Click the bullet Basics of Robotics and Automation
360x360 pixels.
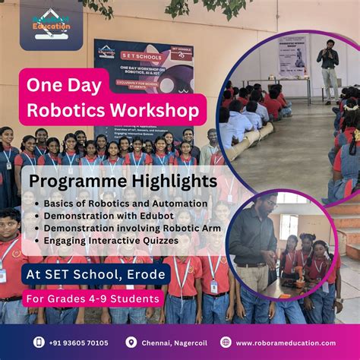(114, 204)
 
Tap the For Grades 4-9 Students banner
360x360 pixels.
(93, 298)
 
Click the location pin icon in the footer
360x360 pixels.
(131, 343)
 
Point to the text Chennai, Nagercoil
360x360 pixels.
(174, 343)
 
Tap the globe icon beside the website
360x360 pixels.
(226, 343)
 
